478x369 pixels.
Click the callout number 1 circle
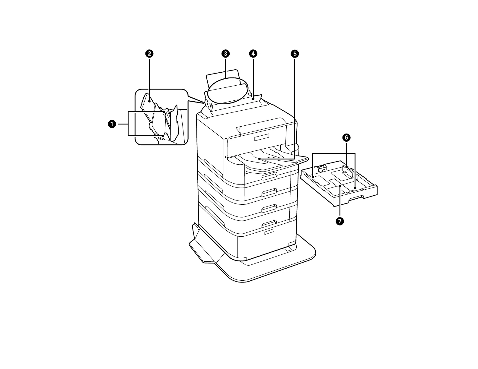(112, 124)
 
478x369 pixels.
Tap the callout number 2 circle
(149, 54)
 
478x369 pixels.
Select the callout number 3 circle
(225, 54)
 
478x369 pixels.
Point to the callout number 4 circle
(253, 54)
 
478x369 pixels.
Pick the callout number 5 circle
(295, 54)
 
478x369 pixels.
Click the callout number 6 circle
(346, 138)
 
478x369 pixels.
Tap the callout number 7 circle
(340, 221)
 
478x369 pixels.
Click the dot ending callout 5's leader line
(259, 158)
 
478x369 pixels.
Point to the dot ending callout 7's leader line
(340, 186)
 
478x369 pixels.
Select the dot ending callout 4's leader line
(253, 98)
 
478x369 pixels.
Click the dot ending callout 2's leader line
(149, 101)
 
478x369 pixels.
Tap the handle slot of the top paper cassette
(269, 176)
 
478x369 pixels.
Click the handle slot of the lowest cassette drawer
(269, 223)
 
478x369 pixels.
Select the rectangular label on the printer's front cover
(263, 138)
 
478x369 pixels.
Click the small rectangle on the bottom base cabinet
(269, 232)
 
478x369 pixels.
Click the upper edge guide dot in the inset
(164, 112)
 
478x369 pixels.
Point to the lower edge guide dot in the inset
(163, 136)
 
